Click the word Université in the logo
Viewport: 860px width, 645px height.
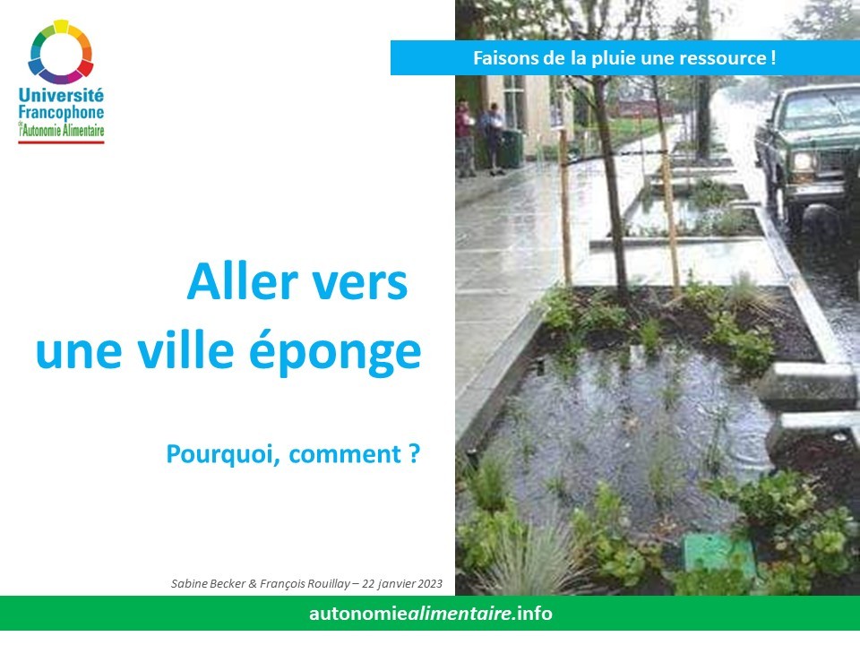pyautogui.click(x=61, y=95)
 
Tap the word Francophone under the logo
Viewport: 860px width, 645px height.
pyautogui.click(x=61, y=113)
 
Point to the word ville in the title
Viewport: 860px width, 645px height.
pyautogui.click(x=186, y=350)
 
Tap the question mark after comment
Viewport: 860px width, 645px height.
pyautogui.click(x=414, y=453)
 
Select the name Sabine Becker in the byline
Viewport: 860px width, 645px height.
pyautogui.click(x=208, y=583)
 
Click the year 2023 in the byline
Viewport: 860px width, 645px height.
pyautogui.click(x=429, y=583)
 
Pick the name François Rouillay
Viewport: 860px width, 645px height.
pyautogui.click(x=305, y=583)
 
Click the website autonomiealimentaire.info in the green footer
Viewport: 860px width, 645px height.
pyautogui.click(x=431, y=613)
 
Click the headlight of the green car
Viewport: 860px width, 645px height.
pyautogui.click(x=804, y=162)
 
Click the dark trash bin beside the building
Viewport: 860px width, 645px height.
pyautogui.click(x=512, y=148)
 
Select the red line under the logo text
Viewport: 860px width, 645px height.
pyautogui.click(x=61, y=142)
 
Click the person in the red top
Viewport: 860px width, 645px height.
pyautogui.click(x=465, y=138)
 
